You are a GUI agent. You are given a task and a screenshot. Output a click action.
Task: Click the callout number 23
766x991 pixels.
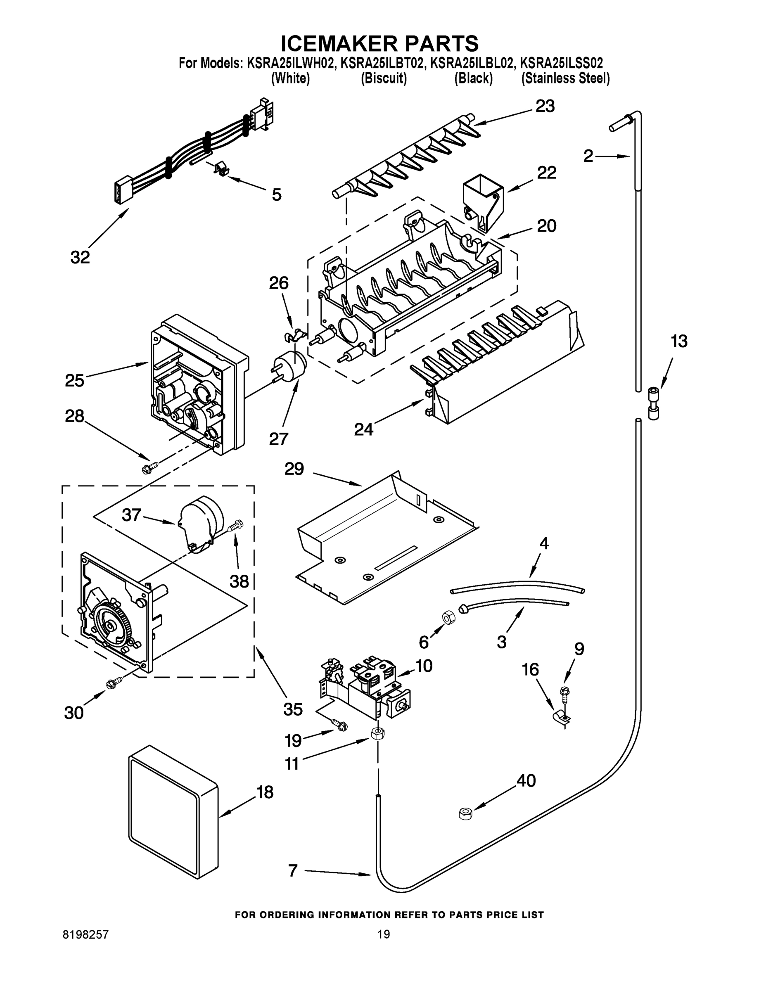tap(545, 107)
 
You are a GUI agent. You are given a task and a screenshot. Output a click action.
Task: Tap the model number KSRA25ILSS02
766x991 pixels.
tap(561, 63)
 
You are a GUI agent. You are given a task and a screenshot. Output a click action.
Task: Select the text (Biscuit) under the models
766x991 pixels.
tap(384, 78)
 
